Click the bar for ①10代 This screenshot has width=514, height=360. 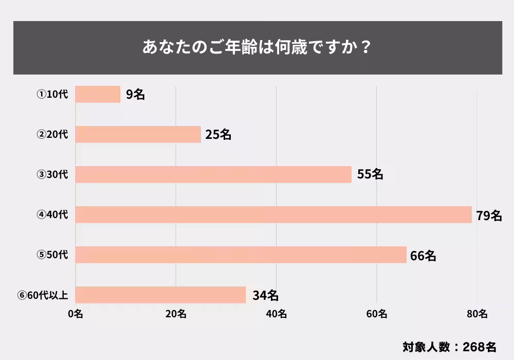98,94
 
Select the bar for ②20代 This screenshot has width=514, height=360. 138,134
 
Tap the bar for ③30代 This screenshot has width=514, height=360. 213,174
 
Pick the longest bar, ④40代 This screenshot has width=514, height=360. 273,214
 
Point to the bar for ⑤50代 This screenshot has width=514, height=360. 241,255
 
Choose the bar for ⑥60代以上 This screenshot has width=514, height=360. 160,295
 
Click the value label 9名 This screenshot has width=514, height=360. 135,95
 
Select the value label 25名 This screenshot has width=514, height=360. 218,135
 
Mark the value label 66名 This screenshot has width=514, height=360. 423,255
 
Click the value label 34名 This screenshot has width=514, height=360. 266,295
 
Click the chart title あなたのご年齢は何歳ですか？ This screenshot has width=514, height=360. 257,47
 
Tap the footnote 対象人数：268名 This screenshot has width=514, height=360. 449,346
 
